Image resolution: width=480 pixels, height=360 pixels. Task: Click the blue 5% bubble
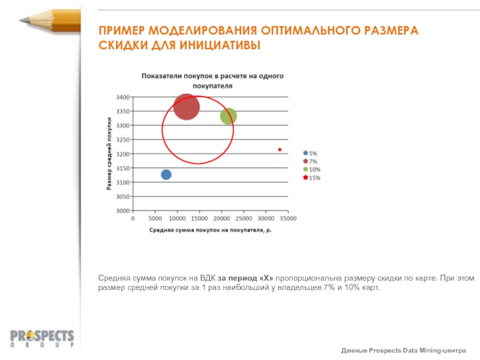click(166, 175)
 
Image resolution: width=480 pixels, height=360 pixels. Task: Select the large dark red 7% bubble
click(187, 107)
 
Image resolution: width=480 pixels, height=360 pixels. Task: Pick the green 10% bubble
click(228, 116)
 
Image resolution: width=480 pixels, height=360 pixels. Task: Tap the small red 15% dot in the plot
click(280, 149)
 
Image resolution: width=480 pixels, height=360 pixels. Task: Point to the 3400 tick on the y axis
click(122, 97)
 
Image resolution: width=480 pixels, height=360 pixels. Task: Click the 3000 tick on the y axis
click(122, 211)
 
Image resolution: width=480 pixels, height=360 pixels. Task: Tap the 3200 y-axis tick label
click(122, 154)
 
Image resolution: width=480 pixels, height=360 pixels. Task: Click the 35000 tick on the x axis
click(288, 219)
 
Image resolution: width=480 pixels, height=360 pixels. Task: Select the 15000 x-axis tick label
click(199, 219)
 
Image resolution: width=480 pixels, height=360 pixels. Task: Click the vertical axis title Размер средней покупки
click(110, 153)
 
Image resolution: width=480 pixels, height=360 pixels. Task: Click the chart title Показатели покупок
click(211, 80)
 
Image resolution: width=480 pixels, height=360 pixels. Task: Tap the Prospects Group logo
click(42, 338)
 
